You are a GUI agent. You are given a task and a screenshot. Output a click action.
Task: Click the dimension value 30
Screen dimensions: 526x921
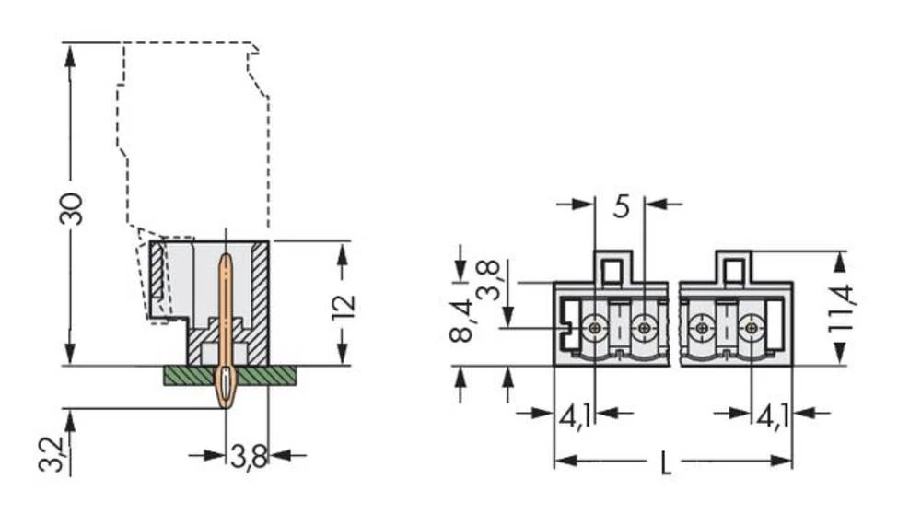(72, 208)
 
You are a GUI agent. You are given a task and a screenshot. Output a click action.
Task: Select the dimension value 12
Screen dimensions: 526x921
(342, 304)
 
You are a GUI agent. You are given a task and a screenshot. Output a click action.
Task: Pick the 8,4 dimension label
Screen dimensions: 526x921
(463, 320)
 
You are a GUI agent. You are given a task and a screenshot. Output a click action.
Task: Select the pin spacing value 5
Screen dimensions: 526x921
(621, 206)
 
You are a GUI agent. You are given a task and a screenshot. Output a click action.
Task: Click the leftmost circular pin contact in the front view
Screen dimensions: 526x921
(596, 326)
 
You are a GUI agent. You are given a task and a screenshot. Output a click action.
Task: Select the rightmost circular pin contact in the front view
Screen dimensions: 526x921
(752, 326)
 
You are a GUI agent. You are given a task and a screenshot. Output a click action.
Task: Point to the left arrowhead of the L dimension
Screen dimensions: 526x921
(562, 460)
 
